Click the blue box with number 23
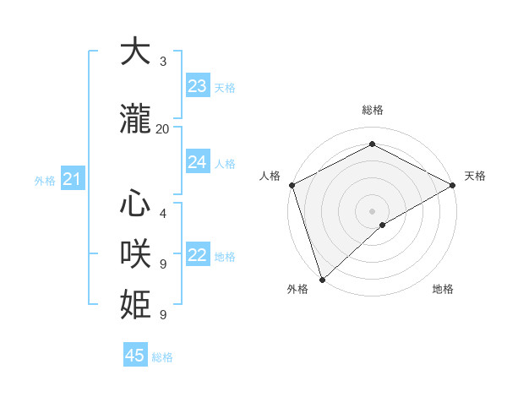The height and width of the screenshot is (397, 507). (x=198, y=86)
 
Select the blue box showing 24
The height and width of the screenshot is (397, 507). (x=198, y=162)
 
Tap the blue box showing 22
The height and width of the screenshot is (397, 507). (x=198, y=255)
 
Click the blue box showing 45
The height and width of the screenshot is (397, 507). (x=135, y=356)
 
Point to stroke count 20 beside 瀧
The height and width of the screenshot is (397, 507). (x=162, y=128)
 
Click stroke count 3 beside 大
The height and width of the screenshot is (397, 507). (x=162, y=62)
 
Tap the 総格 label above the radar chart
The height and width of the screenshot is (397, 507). (x=372, y=110)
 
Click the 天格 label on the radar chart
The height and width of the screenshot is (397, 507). (x=475, y=176)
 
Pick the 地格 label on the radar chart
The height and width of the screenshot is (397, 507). (x=443, y=289)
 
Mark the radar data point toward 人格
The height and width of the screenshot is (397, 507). (x=292, y=184)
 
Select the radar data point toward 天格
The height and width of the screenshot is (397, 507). (x=452, y=184)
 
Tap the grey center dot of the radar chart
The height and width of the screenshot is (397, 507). (x=372, y=210)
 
